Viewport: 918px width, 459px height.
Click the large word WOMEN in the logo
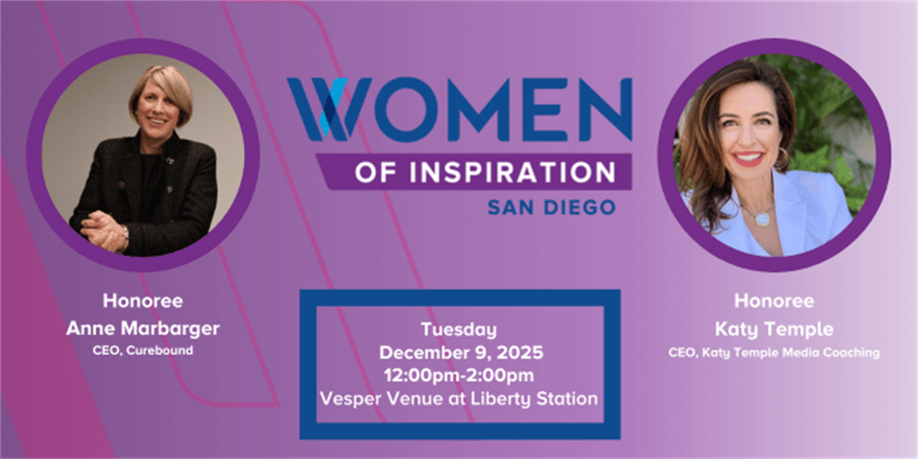pos(459,109)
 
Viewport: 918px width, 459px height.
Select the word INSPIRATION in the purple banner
pos(506,172)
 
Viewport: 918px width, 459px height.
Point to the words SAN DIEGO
pos(551,207)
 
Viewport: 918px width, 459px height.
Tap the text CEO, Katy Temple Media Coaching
pos(773,353)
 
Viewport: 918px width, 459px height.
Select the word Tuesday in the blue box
pos(458,330)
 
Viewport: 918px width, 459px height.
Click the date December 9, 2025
pos(458,353)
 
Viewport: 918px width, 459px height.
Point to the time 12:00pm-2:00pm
pos(458,375)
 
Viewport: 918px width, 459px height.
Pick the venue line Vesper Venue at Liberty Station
pos(458,398)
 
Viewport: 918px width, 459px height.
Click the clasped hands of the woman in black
pos(103,223)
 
